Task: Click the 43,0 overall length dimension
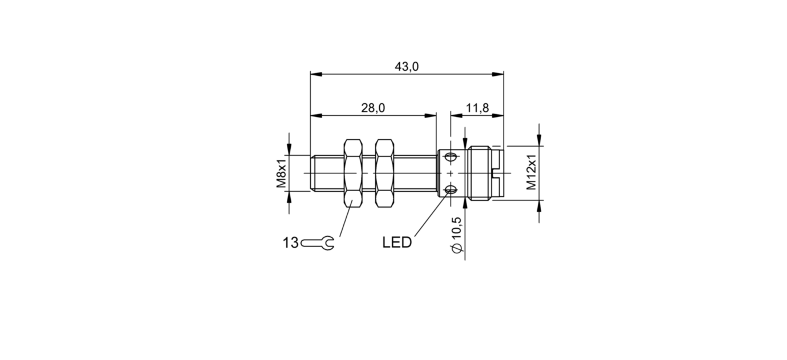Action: click(407, 67)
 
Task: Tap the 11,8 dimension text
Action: click(477, 108)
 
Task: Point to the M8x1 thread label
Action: click(281, 173)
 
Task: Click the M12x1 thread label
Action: click(532, 173)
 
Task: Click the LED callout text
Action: click(397, 242)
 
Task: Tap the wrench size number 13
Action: click(290, 243)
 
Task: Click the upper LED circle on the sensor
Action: click(451, 157)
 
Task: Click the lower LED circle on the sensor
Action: click(451, 190)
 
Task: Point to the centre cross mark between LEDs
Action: click(451, 173)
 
